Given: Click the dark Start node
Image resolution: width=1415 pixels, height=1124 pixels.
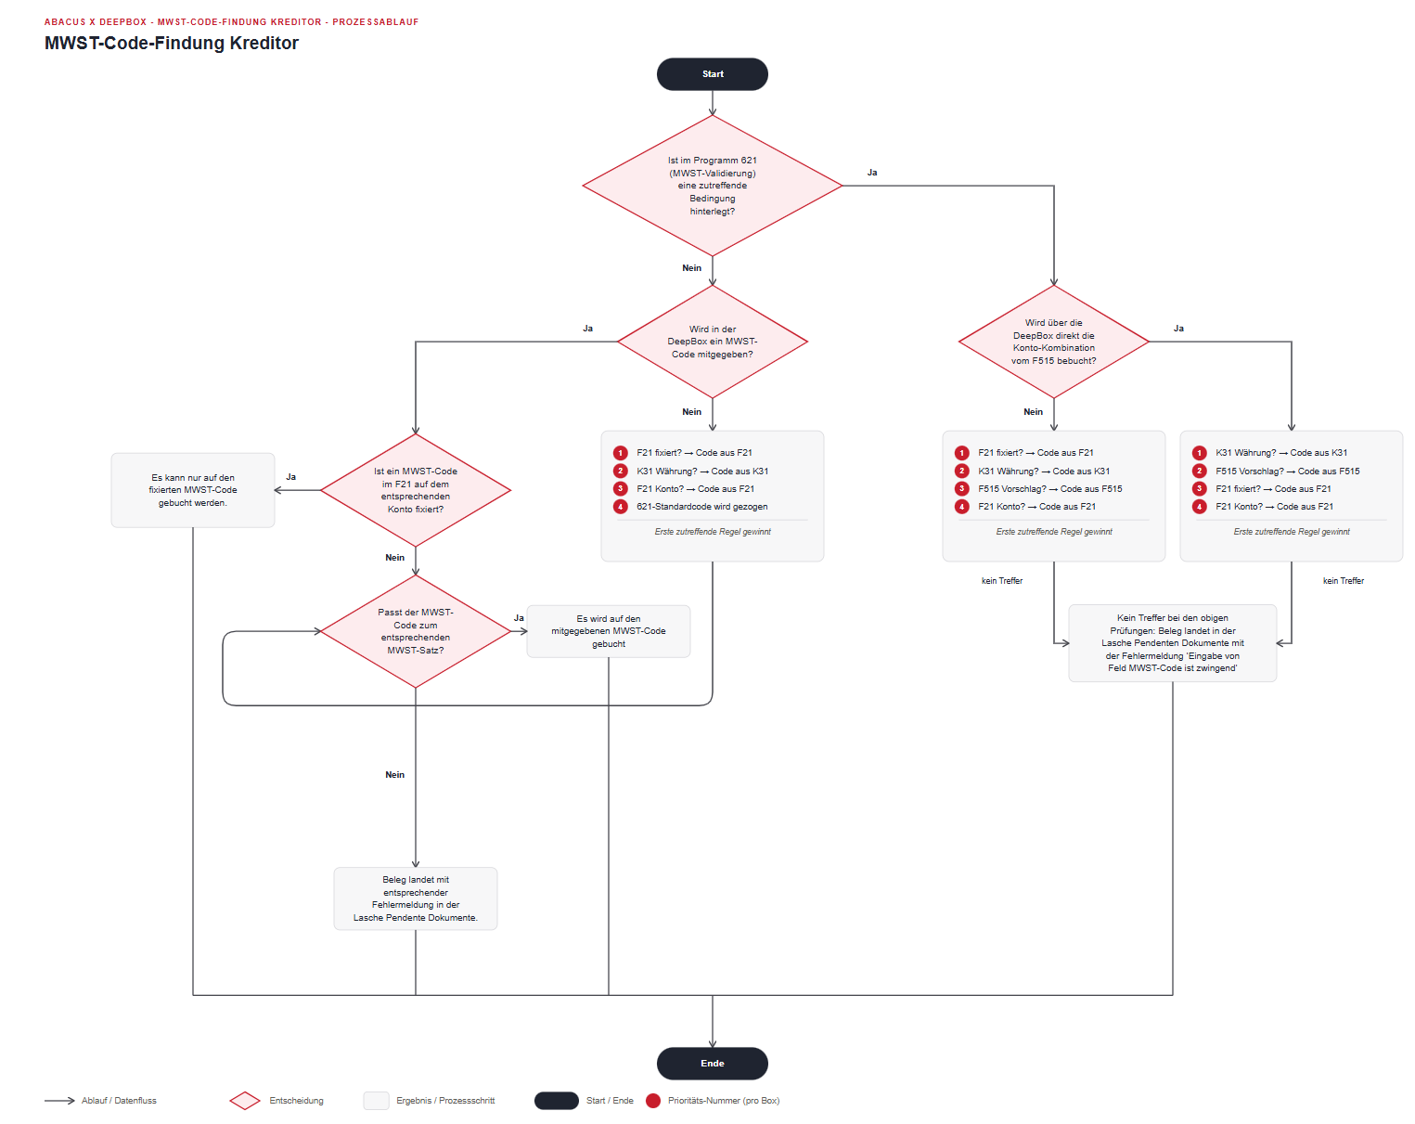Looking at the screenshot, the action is coord(712,74).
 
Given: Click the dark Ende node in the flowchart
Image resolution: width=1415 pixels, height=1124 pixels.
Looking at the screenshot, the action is coord(712,1062).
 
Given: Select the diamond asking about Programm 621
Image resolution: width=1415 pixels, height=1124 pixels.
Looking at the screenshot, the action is coord(712,186).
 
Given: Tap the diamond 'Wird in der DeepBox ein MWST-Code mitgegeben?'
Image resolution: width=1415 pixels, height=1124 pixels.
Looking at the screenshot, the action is coord(712,342).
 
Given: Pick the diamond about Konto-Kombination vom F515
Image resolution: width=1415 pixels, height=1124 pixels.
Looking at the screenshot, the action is coord(1053,342).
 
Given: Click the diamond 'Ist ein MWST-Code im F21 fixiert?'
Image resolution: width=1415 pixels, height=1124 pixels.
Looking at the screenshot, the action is coord(415,490).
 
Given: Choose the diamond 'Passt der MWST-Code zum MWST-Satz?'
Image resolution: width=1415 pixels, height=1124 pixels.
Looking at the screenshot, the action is coord(415,631).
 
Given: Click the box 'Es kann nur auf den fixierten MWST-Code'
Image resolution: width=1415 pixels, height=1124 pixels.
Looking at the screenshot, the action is coord(193,490).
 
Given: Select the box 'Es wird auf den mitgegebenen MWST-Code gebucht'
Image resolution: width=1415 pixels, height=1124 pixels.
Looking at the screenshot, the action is coord(608,631).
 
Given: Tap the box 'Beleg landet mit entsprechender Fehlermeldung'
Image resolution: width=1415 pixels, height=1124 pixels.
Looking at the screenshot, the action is coord(415,898).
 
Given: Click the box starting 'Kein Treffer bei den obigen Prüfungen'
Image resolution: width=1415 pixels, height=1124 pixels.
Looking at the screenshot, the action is coord(1172,642).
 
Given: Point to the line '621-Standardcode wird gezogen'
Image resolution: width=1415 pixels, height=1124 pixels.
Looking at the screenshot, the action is coord(701,507).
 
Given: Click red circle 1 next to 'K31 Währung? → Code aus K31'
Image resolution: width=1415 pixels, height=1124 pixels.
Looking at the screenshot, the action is coord(1199,453).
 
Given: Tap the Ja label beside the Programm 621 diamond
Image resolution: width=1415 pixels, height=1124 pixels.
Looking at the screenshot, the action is coord(871,173).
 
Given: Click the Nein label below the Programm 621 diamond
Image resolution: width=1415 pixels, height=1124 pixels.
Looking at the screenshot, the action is coord(691,267).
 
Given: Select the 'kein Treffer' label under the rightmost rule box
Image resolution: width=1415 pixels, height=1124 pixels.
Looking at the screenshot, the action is coord(1343,581).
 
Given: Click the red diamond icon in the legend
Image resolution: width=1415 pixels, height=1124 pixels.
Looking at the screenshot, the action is coord(245,1100).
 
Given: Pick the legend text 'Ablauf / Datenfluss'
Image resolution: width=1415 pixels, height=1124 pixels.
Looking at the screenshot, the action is coord(119,1100).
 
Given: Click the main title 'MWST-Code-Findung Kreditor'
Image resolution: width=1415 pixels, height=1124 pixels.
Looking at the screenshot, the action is coord(172,43).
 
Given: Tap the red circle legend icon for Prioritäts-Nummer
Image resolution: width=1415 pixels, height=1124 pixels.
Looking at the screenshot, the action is coord(652,1100).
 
